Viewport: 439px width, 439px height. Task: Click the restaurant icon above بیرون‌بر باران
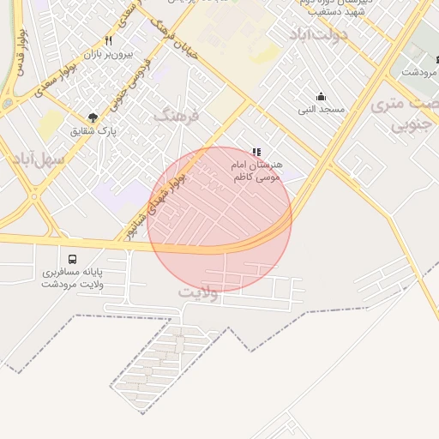pos(108,40)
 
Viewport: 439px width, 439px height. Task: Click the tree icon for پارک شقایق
pos(93,117)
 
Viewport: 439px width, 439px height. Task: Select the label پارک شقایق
pos(93,131)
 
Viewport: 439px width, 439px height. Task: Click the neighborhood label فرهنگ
pos(176,115)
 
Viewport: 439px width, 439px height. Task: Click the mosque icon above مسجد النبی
pos(322,96)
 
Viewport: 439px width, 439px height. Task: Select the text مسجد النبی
pos(322,109)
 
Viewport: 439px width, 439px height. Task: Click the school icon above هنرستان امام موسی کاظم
pos(256,151)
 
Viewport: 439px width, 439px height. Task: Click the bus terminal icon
pos(71,258)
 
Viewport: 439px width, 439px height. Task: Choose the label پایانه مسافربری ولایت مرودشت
pos(72,278)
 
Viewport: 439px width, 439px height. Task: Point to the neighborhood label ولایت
pos(199,292)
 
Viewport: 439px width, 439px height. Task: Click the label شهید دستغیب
pos(339,13)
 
